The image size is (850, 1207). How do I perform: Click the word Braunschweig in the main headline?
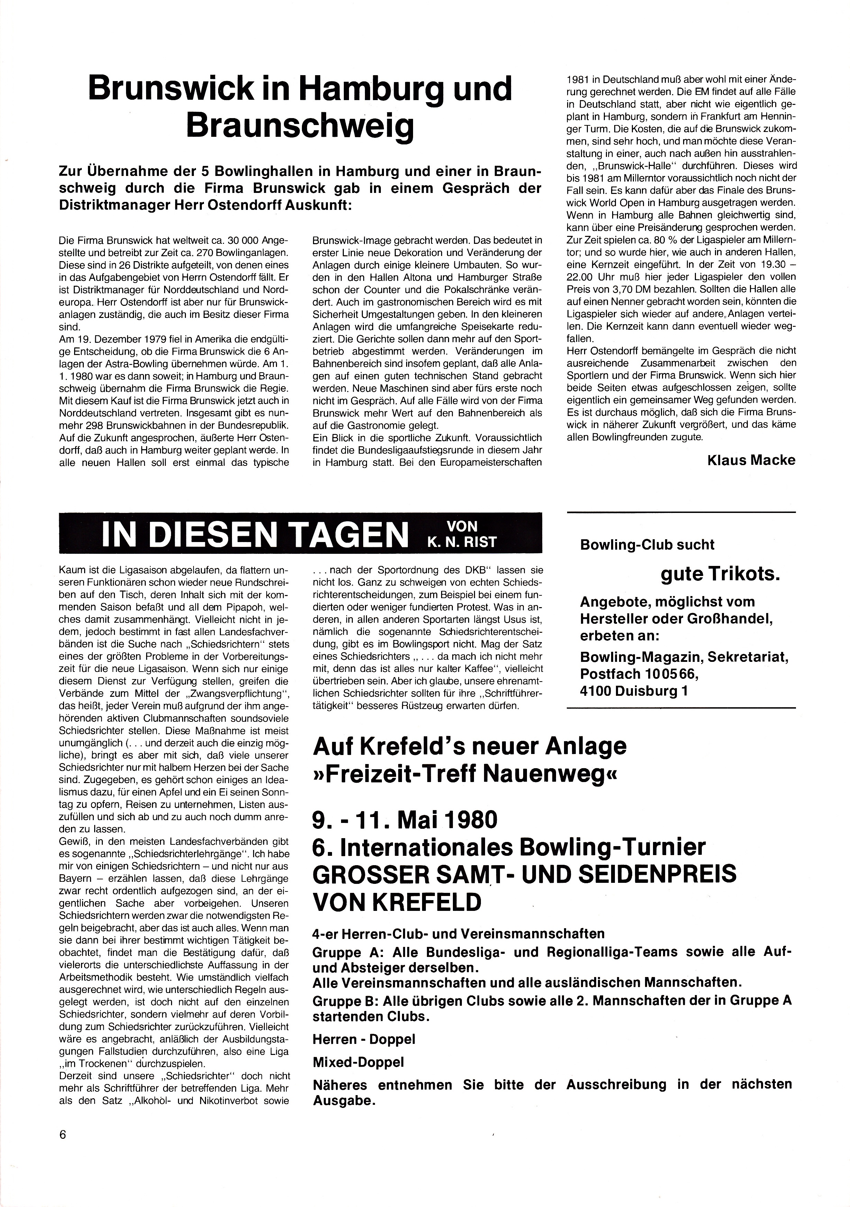299,126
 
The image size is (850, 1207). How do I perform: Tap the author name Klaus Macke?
751,461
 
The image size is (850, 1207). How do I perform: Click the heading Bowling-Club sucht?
646,544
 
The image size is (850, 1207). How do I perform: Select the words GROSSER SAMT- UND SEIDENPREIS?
524,874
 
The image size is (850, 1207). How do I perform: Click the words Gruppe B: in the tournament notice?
343,1000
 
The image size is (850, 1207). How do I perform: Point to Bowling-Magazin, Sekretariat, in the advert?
684,657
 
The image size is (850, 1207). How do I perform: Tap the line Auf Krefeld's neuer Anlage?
469,746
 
